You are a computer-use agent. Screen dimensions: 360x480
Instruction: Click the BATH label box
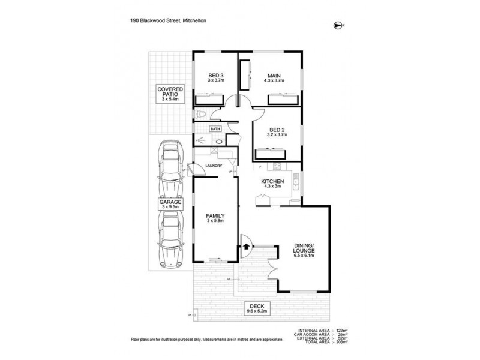(215, 128)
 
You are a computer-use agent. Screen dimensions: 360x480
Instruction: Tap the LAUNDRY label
(214, 166)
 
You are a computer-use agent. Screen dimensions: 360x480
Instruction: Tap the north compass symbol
(337, 25)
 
